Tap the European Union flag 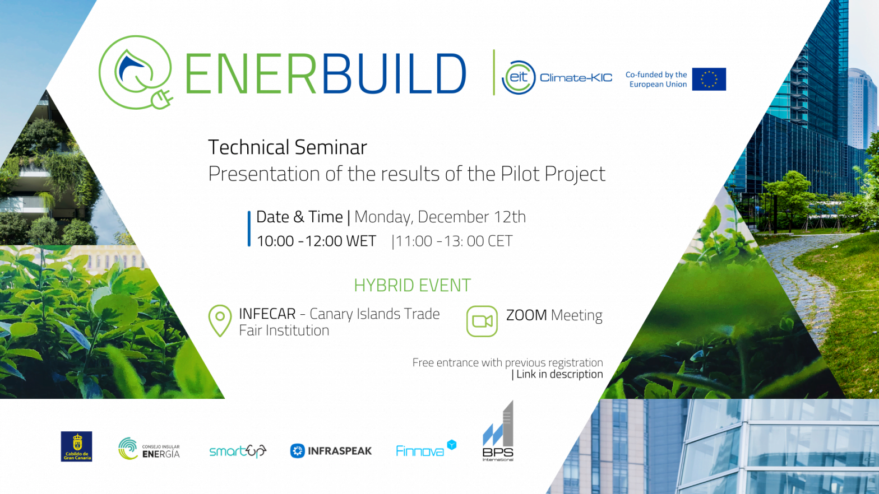[x=709, y=79]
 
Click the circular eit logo [x=519, y=77]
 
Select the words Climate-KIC [x=576, y=78]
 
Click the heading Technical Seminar [x=287, y=147]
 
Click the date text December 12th [x=471, y=217]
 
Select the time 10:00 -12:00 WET [x=316, y=241]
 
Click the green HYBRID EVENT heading [x=412, y=285]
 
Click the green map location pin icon [x=220, y=320]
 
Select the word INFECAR [x=267, y=314]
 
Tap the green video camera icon [x=482, y=321]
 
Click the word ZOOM [x=526, y=315]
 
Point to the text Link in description [x=559, y=374]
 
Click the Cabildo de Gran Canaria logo [x=76, y=446]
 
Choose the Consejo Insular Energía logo [x=149, y=449]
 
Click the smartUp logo [x=238, y=451]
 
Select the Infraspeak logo [x=331, y=451]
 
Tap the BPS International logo [x=498, y=434]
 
